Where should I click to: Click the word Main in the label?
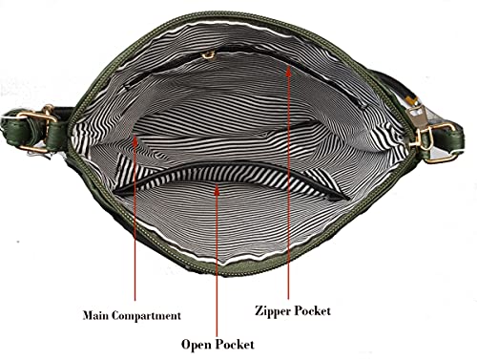pos(95,315)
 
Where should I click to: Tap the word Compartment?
pos(146,316)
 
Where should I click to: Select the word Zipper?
pos(272,311)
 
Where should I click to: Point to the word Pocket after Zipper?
pos(312,310)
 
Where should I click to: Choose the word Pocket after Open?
pos(235,345)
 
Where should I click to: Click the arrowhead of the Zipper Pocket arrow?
pos(288,71)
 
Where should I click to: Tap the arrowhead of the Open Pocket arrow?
pos(217,190)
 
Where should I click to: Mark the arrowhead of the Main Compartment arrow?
pos(135,140)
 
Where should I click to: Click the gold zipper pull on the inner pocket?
pos(208,55)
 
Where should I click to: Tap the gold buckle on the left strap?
pos(36,128)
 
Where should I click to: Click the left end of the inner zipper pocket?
pos(127,87)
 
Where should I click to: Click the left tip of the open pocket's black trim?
pos(115,193)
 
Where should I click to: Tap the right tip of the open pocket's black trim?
pos(348,200)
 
